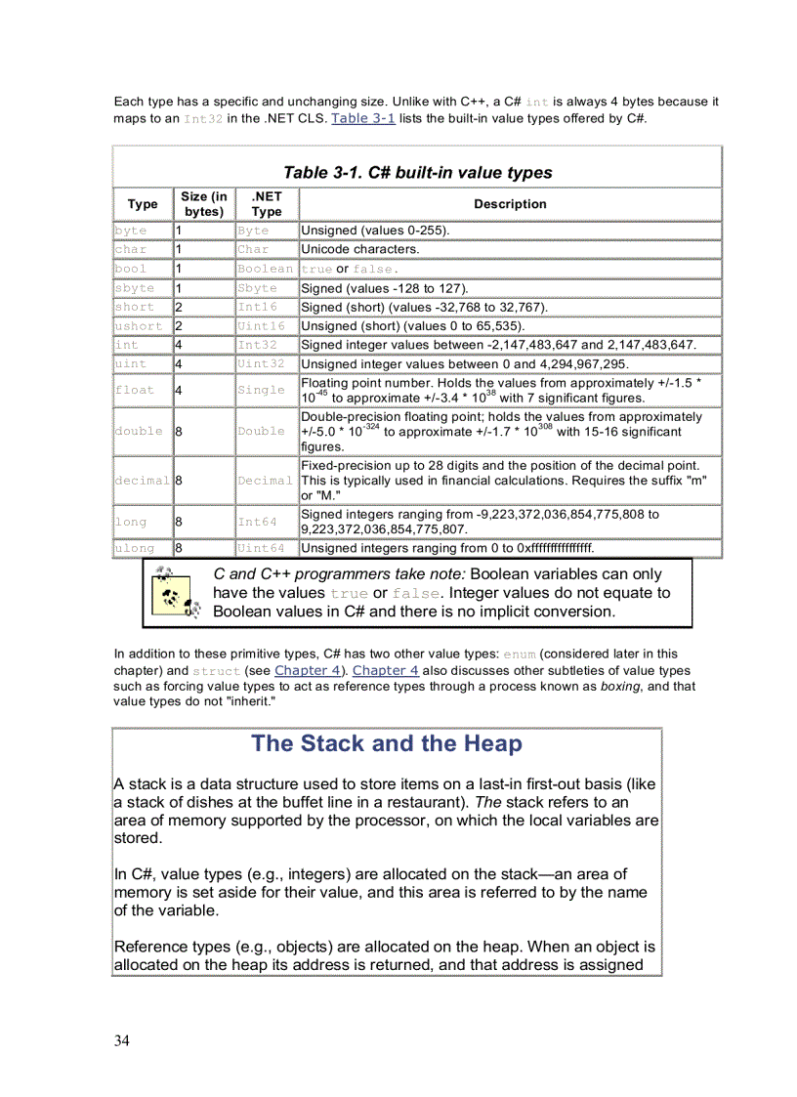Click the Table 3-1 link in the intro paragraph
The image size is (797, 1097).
tap(363, 118)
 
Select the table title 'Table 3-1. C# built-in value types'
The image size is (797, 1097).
tap(417, 173)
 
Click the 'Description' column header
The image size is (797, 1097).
tap(510, 204)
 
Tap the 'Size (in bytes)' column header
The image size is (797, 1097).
tap(204, 204)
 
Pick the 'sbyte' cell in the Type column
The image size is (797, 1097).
tap(135, 288)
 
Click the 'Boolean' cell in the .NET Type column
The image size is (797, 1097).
tap(265, 269)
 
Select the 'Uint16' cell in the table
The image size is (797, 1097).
tap(261, 326)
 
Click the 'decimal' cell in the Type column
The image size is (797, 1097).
tap(143, 481)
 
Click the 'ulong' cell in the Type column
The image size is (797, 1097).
tap(134, 548)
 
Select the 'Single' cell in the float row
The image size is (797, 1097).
tap(261, 390)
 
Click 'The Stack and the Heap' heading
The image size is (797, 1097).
tap(387, 743)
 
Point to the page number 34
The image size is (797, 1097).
tap(121, 1040)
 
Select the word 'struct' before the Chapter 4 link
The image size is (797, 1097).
tap(216, 671)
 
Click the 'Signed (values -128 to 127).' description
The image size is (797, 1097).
tap(385, 288)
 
